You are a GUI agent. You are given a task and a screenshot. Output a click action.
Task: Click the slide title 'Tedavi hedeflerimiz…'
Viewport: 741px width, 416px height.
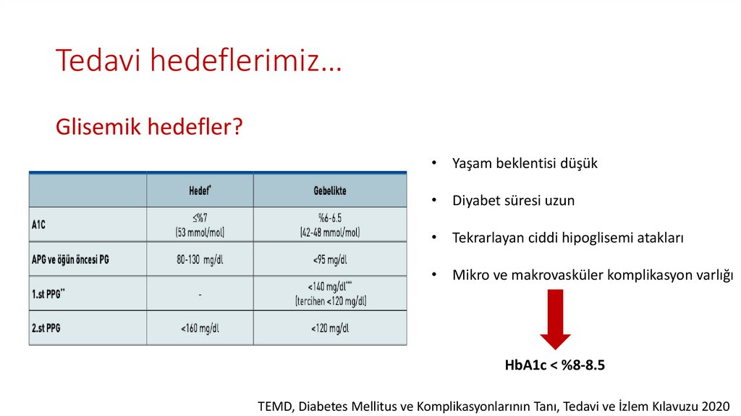click(x=199, y=61)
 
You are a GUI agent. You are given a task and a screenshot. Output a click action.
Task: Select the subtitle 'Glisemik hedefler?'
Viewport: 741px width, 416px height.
click(x=148, y=128)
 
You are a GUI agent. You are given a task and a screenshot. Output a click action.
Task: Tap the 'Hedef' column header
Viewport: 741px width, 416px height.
click(x=200, y=191)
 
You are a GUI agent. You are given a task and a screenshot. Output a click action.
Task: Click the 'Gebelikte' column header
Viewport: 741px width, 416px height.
click(x=329, y=191)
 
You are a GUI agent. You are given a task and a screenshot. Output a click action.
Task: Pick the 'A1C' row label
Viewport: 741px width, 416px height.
click(x=39, y=225)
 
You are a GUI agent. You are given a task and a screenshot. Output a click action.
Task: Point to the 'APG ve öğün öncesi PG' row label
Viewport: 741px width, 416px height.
click(x=71, y=259)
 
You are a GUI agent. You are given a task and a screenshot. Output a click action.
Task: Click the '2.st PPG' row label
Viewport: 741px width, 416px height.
click(x=46, y=328)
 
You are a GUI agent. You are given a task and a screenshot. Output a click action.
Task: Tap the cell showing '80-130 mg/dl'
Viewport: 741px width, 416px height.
click(x=200, y=259)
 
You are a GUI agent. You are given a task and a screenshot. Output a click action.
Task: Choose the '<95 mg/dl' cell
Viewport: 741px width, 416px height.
click(x=329, y=259)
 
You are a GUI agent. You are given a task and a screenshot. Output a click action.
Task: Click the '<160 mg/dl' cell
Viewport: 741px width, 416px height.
click(x=200, y=328)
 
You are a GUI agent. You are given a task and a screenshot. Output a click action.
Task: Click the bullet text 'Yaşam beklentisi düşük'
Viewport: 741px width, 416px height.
click(x=525, y=163)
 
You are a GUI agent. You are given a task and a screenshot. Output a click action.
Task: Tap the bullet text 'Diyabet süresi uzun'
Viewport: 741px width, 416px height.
click(x=513, y=201)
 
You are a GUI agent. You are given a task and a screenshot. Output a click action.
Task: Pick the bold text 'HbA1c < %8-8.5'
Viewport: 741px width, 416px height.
click(x=554, y=365)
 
